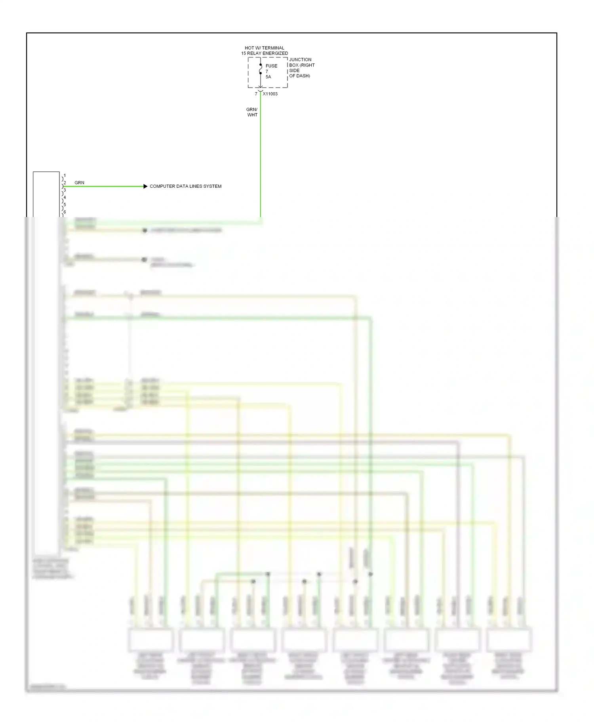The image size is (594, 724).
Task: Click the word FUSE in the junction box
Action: tap(271, 66)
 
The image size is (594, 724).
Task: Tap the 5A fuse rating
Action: tap(268, 77)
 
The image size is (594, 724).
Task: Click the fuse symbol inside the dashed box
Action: tap(261, 70)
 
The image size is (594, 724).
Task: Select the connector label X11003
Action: tap(270, 94)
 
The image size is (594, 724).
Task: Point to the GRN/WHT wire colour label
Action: tap(252, 112)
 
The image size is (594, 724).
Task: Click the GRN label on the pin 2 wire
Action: tap(79, 183)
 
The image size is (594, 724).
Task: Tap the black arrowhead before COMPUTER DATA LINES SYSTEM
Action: tap(145, 186)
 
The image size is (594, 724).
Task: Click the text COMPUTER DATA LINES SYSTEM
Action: tap(185, 186)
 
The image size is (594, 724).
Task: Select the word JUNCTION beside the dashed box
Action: tap(300, 60)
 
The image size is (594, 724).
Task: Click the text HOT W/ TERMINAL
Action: tap(265, 48)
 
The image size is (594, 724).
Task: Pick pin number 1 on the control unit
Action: tap(65, 175)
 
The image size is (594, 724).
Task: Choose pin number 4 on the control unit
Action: tap(65, 197)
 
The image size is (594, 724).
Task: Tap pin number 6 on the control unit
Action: tap(65, 212)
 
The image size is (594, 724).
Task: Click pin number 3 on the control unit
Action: tap(65, 190)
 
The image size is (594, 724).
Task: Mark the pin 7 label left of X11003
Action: tap(256, 94)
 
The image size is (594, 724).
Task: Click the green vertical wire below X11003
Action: tap(261, 158)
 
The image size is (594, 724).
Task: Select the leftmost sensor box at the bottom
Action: tap(150, 639)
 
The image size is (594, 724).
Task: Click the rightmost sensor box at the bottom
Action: tap(509, 639)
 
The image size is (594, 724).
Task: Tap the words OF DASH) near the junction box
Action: tap(299, 76)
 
